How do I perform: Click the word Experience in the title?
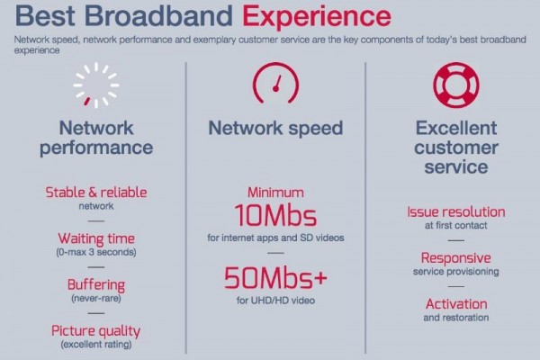tap(317, 17)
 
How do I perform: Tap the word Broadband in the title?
tap(158, 15)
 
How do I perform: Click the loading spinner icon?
tap(96, 85)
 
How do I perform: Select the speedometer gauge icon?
tap(275, 83)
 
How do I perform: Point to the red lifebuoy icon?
tap(456, 85)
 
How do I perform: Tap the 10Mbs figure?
tap(275, 216)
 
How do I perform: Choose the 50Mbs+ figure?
tap(275, 278)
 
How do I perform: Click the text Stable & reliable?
tap(96, 193)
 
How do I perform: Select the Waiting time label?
tap(96, 238)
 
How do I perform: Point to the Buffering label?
tap(96, 285)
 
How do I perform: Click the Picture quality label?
tap(96, 331)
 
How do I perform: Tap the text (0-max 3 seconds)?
tap(96, 252)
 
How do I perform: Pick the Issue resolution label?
tap(456, 211)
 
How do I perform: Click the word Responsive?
tap(456, 258)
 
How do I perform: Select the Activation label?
tap(456, 304)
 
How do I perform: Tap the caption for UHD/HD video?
tap(275, 301)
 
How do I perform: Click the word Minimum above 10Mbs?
tap(275, 193)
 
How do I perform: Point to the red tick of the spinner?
tap(87, 101)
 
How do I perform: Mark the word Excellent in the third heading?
tap(456, 128)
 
